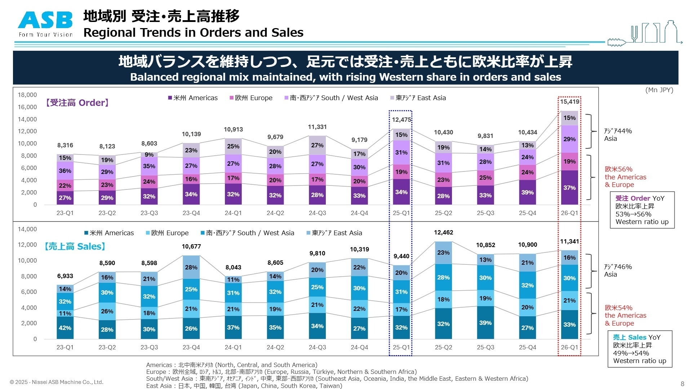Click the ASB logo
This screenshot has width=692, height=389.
[x=46, y=24]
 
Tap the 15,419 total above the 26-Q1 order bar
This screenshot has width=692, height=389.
[x=569, y=102]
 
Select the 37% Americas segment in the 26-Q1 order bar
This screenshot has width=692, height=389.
[x=569, y=188]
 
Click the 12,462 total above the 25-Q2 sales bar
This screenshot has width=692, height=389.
[x=443, y=233]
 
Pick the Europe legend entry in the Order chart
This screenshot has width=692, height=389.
[x=251, y=98]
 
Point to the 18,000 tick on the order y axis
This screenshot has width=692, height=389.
[x=27, y=95]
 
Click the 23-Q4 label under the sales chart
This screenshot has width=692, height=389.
[x=191, y=348]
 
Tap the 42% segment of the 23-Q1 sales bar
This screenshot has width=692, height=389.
[x=65, y=328]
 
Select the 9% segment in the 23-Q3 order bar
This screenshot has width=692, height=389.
[x=149, y=155]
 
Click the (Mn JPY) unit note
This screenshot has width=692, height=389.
[x=659, y=90]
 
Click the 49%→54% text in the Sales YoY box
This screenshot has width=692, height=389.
[x=631, y=353]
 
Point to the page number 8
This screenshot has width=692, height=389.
[x=682, y=384]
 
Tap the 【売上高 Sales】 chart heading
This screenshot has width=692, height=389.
[x=75, y=246]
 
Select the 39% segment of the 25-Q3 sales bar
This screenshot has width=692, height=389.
[x=485, y=323]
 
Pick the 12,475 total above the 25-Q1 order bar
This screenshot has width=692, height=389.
[x=401, y=120]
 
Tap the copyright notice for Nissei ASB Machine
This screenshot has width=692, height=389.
[x=57, y=382]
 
